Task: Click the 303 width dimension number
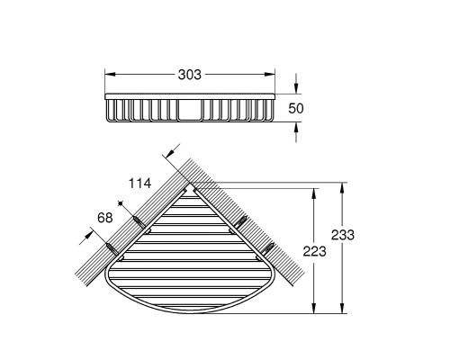[x=190, y=75]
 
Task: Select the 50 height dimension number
[x=296, y=108]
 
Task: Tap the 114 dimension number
[x=139, y=183]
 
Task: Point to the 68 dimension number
[x=105, y=218]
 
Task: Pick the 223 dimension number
[x=314, y=251]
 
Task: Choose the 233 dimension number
[x=343, y=235]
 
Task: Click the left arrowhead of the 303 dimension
[x=110, y=75]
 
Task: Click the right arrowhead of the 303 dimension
[x=270, y=75]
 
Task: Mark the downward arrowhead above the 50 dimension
[x=296, y=88]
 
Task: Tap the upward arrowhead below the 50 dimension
[x=296, y=128]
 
